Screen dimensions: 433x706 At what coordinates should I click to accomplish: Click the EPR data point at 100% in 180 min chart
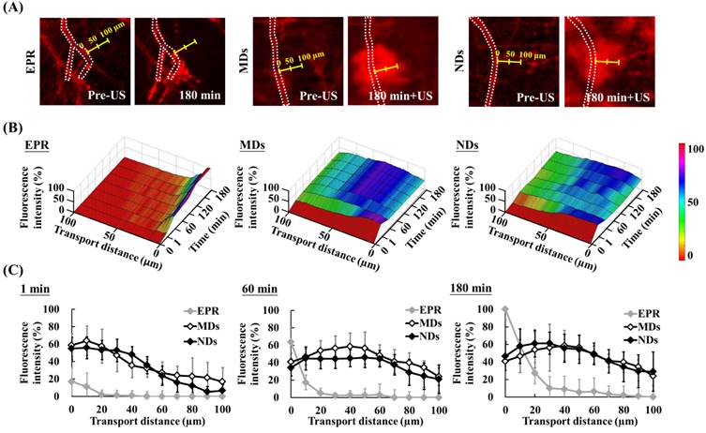(x=506, y=308)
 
